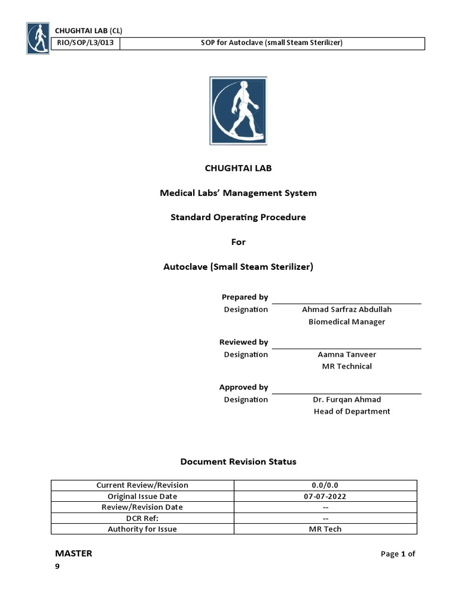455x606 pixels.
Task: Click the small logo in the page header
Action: pyautogui.click(x=38, y=38)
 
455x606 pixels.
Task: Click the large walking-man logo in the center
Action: pyautogui.click(x=238, y=111)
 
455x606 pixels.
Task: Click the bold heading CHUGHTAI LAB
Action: pyautogui.click(x=238, y=168)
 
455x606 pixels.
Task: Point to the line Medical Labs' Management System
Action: pyautogui.click(x=238, y=192)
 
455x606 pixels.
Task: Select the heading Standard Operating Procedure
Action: pyautogui.click(x=238, y=217)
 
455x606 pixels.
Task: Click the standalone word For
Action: pyautogui.click(x=238, y=242)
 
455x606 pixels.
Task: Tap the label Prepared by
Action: pyautogui.click(x=244, y=297)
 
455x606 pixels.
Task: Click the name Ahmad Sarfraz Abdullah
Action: pyautogui.click(x=347, y=310)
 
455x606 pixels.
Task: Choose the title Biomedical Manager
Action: pyautogui.click(x=347, y=322)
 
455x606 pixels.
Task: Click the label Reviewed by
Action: pyautogui.click(x=243, y=342)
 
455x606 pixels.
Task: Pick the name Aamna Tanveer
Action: pyautogui.click(x=347, y=354)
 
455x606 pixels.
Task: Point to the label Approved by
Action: pyautogui.click(x=243, y=387)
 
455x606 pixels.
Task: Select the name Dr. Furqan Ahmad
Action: pyautogui.click(x=347, y=399)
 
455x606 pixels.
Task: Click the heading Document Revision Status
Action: pyautogui.click(x=238, y=462)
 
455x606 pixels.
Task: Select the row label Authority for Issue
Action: pyautogui.click(x=142, y=529)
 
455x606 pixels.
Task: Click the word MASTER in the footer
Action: pyautogui.click(x=73, y=554)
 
